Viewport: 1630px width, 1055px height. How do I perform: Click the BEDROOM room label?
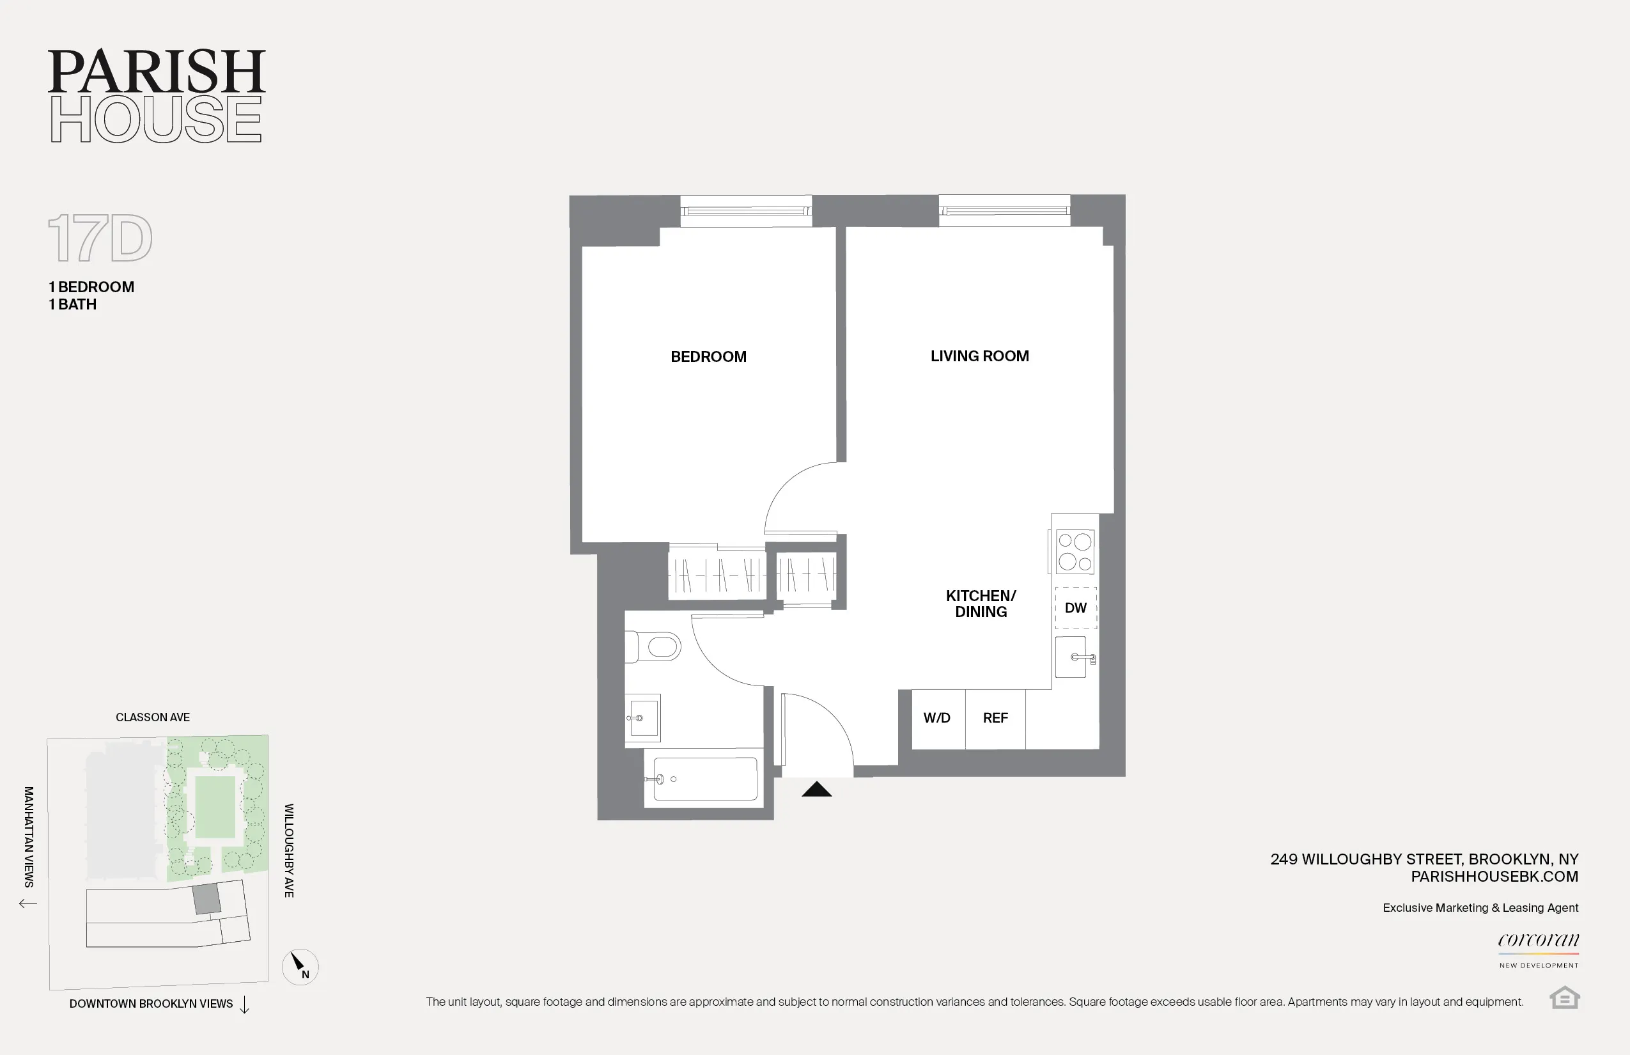708,356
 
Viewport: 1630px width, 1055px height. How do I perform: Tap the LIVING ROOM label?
979,356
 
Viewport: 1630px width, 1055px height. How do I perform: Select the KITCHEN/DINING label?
981,604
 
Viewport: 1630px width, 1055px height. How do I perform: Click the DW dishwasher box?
1075,607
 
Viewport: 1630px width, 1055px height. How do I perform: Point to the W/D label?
936,718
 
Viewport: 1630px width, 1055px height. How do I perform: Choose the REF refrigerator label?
995,718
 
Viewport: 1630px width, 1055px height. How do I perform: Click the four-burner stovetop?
1075,551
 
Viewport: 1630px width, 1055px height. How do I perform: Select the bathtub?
704,779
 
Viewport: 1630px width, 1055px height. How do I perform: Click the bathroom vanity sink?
642,718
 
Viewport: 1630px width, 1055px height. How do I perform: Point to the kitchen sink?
1073,657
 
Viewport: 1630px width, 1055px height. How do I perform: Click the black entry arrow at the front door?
816,790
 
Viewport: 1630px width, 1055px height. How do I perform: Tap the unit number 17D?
100,238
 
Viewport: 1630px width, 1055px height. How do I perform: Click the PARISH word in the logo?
156,71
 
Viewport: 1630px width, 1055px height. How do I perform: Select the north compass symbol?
300,966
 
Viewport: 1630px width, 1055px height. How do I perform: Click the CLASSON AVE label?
153,717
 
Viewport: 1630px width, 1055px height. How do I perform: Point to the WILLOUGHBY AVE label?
289,850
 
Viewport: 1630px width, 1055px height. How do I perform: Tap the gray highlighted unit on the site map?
206,899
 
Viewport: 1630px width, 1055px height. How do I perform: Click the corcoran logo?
1538,941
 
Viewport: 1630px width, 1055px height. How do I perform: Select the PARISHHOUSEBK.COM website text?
1494,876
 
